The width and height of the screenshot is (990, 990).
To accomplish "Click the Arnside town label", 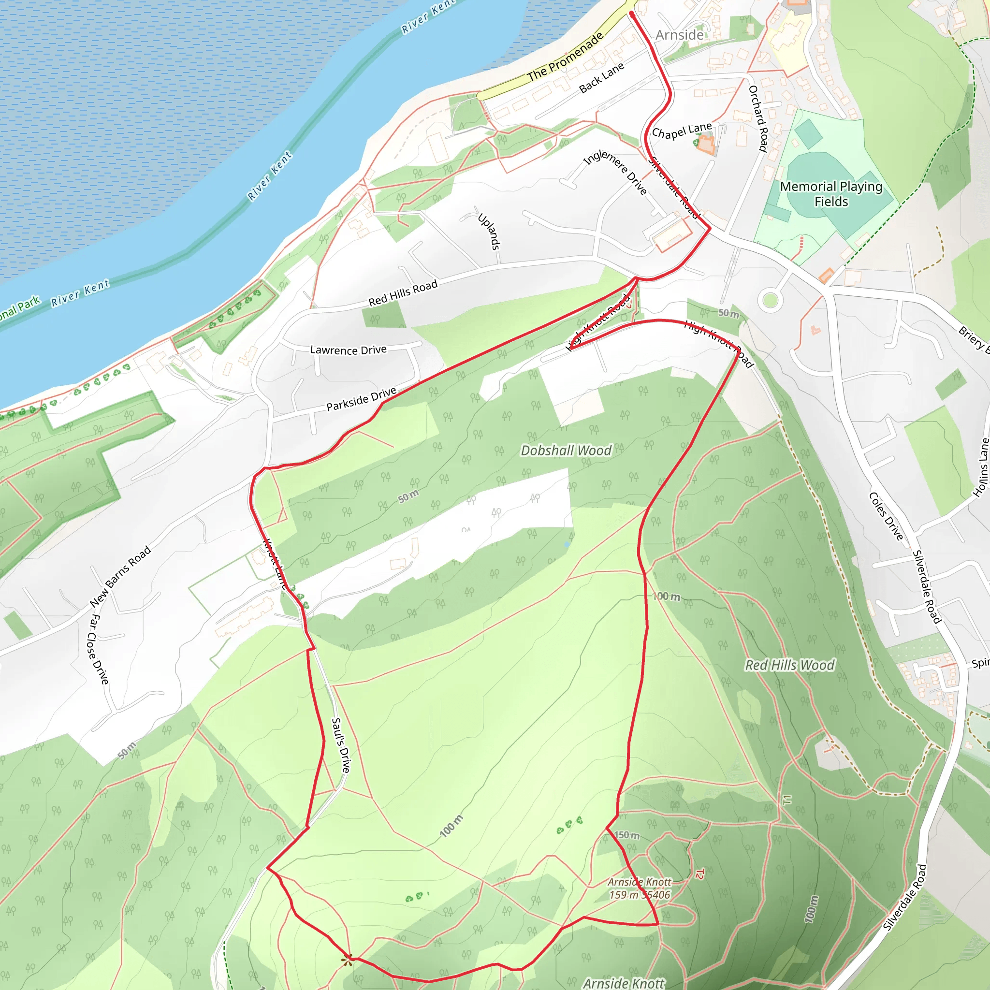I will (680, 35).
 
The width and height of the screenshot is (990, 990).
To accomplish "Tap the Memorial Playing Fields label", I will (831, 194).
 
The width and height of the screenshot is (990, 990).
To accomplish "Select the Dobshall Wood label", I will (566, 451).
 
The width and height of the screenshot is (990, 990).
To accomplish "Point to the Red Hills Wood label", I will (790, 665).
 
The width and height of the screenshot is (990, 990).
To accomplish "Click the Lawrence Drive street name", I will (349, 350).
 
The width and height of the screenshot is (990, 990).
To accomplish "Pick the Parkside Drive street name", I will (361, 399).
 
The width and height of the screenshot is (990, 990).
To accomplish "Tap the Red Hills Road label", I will (403, 293).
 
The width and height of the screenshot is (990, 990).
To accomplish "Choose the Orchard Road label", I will (758, 118).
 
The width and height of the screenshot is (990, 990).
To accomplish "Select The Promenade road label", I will (565, 57).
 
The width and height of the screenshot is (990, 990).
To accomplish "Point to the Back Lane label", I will (601, 78).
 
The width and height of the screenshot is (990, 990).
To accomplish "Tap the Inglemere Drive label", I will (615, 172).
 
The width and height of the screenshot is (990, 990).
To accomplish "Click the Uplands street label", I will (488, 232).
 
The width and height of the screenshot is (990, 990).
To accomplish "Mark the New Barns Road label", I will (120, 577).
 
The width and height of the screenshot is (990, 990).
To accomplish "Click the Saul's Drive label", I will (341, 745).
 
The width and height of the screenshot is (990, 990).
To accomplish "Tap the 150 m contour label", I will (627, 835).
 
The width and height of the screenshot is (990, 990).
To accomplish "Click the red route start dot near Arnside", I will (632, 15).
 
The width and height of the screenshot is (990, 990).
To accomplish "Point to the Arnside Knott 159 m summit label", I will (640, 888).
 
